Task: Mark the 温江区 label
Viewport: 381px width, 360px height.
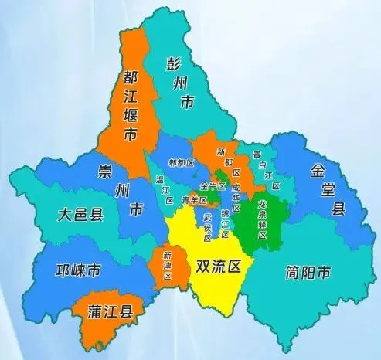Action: pyautogui.click(x=165, y=189)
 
